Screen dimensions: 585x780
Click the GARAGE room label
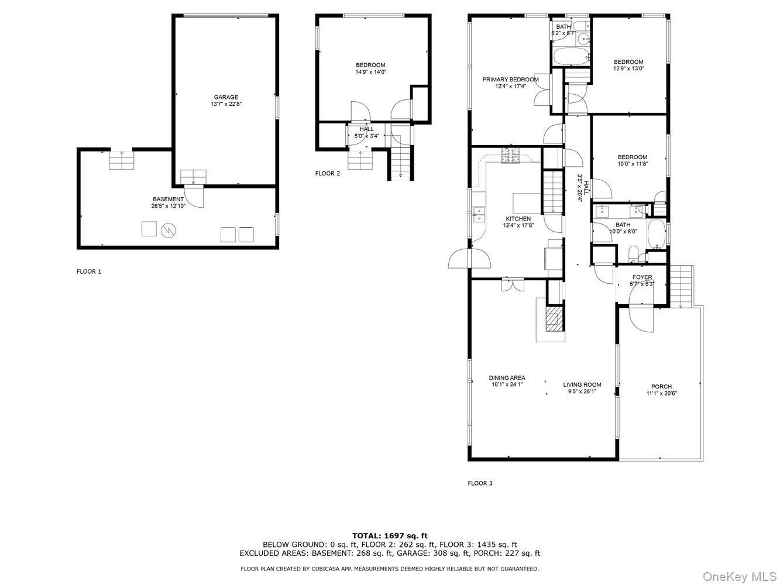click(225, 97)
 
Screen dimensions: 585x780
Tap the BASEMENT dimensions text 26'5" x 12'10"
click(168, 207)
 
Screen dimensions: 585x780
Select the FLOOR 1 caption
click(89, 271)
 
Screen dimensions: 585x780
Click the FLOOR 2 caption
click(327, 173)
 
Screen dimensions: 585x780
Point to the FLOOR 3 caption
click(480, 483)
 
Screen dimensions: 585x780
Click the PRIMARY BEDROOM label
click(510, 80)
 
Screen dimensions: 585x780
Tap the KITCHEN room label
click(518, 219)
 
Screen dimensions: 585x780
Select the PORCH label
click(661, 387)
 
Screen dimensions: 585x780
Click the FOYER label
click(642, 277)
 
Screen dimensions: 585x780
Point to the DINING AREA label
click(507, 378)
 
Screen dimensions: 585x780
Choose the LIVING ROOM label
click(582, 385)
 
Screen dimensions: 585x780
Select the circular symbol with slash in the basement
click(169, 229)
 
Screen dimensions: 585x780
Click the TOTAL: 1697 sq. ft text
click(389, 535)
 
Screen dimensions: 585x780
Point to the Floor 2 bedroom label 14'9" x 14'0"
click(370, 68)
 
